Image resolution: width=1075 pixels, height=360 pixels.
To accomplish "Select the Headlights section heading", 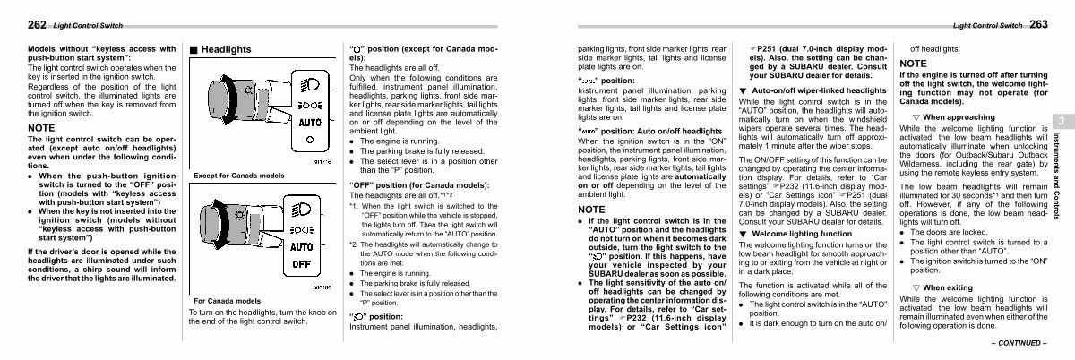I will click(227, 48).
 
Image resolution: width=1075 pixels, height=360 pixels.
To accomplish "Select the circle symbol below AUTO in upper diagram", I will click(307, 141).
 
